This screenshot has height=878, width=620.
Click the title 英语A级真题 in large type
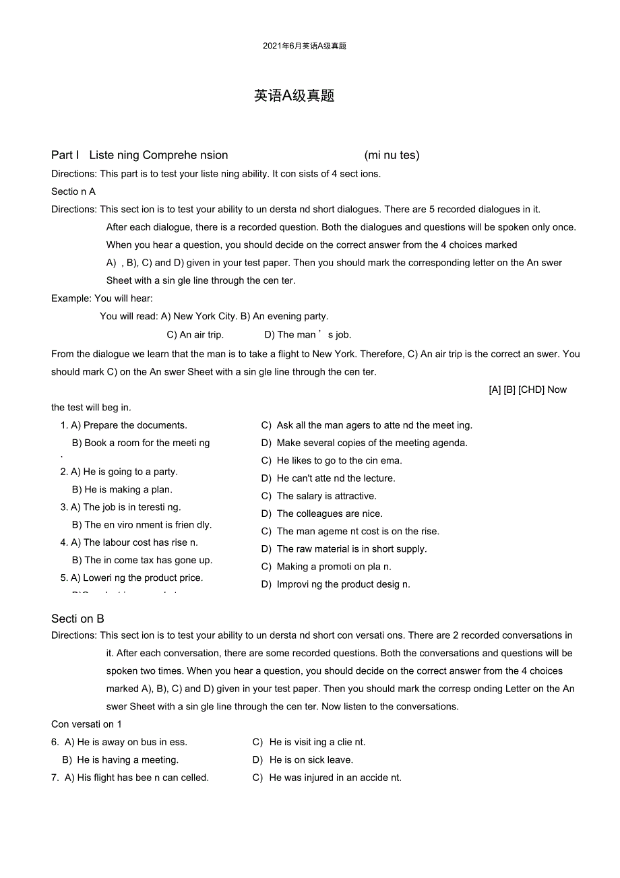tap(294, 96)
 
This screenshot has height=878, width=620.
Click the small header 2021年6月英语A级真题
tap(305, 46)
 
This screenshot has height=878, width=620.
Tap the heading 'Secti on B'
tap(77, 619)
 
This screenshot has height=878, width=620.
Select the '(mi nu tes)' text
tap(392, 155)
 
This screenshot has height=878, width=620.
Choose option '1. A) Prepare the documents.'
tap(124, 425)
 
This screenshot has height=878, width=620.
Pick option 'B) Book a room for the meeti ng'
tap(141, 443)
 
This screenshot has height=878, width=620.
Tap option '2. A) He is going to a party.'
tap(119, 472)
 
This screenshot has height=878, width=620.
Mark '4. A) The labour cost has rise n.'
tap(129, 542)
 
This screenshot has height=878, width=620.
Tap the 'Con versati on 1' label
tap(86, 724)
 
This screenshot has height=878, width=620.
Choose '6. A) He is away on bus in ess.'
tap(119, 742)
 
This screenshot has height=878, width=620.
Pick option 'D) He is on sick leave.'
tap(303, 759)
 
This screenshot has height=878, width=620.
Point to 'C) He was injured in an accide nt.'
tap(327, 778)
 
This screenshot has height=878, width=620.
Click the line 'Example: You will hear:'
tap(102, 299)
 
